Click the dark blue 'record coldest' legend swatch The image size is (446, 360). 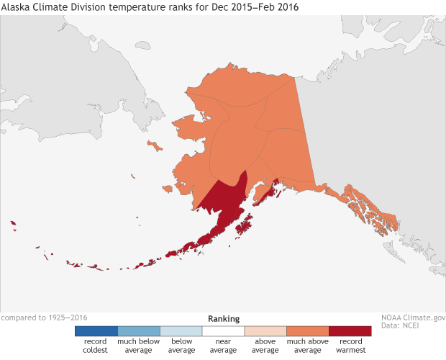click(x=96, y=331)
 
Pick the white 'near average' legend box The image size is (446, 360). click(x=223, y=331)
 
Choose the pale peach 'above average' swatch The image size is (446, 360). click(x=265, y=331)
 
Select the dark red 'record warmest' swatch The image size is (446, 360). click(x=350, y=331)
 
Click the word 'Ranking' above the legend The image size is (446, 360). click(x=224, y=318)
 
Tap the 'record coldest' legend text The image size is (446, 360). click(x=96, y=346)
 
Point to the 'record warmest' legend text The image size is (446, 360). click(x=350, y=346)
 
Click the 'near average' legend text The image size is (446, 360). click(x=223, y=346)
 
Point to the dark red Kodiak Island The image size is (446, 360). click(x=243, y=230)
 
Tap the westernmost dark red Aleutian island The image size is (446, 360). click(x=13, y=224)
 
